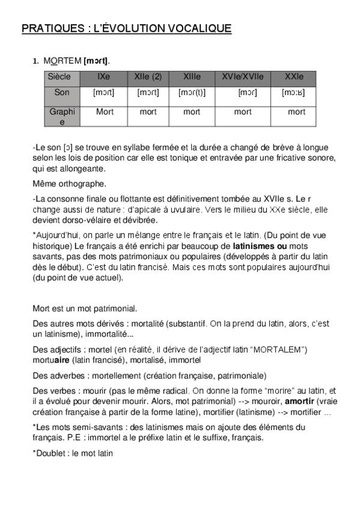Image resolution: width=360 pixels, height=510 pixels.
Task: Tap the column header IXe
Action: (103, 77)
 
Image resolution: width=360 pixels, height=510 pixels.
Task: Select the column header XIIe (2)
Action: (148, 77)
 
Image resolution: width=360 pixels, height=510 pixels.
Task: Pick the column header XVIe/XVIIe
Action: (243, 77)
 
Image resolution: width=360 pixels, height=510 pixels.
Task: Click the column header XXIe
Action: (294, 77)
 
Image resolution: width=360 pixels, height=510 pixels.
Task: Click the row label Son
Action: (61, 93)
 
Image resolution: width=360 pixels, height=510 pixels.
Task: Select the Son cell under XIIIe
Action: (192, 93)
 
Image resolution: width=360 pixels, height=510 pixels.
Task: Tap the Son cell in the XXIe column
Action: (294, 93)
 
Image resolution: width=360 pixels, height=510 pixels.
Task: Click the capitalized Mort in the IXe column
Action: (105, 112)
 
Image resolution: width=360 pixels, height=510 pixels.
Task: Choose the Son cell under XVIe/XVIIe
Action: (247, 93)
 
